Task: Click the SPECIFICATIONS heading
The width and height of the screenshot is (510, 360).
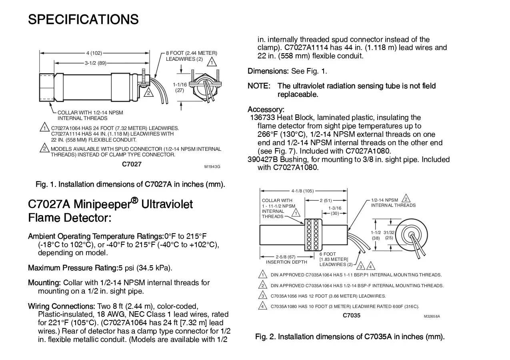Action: pyautogui.click(x=83, y=19)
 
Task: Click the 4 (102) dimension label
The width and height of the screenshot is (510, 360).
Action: pyautogui.click(x=94, y=53)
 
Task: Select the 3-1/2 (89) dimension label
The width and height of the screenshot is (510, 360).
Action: pyautogui.click(x=95, y=63)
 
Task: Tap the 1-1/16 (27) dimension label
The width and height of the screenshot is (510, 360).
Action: pyautogui.click(x=180, y=87)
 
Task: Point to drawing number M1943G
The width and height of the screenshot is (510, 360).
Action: pyautogui.click(x=212, y=166)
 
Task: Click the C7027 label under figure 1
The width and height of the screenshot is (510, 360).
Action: pyautogui.click(x=132, y=164)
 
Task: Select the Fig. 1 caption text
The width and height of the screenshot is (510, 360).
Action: pyautogui.click(x=130, y=184)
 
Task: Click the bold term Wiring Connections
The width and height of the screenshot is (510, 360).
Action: pyautogui.click(x=61, y=306)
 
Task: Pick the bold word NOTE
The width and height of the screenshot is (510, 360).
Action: pyautogui.click(x=258, y=86)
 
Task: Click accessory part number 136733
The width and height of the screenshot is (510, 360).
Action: pyautogui.click(x=262, y=118)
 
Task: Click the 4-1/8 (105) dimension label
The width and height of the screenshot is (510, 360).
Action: pyautogui.click(x=303, y=191)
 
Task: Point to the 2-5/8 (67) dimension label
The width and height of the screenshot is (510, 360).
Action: pyautogui.click(x=286, y=257)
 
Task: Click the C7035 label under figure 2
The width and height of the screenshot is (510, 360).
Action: pyautogui.click(x=352, y=315)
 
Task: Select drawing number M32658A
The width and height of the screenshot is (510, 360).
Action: pyautogui.click(x=432, y=316)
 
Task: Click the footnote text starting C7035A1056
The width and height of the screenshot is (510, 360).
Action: pyautogui.click(x=328, y=296)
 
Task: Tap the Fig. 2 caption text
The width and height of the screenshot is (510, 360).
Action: pyautogui.click(x=350, y=336)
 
